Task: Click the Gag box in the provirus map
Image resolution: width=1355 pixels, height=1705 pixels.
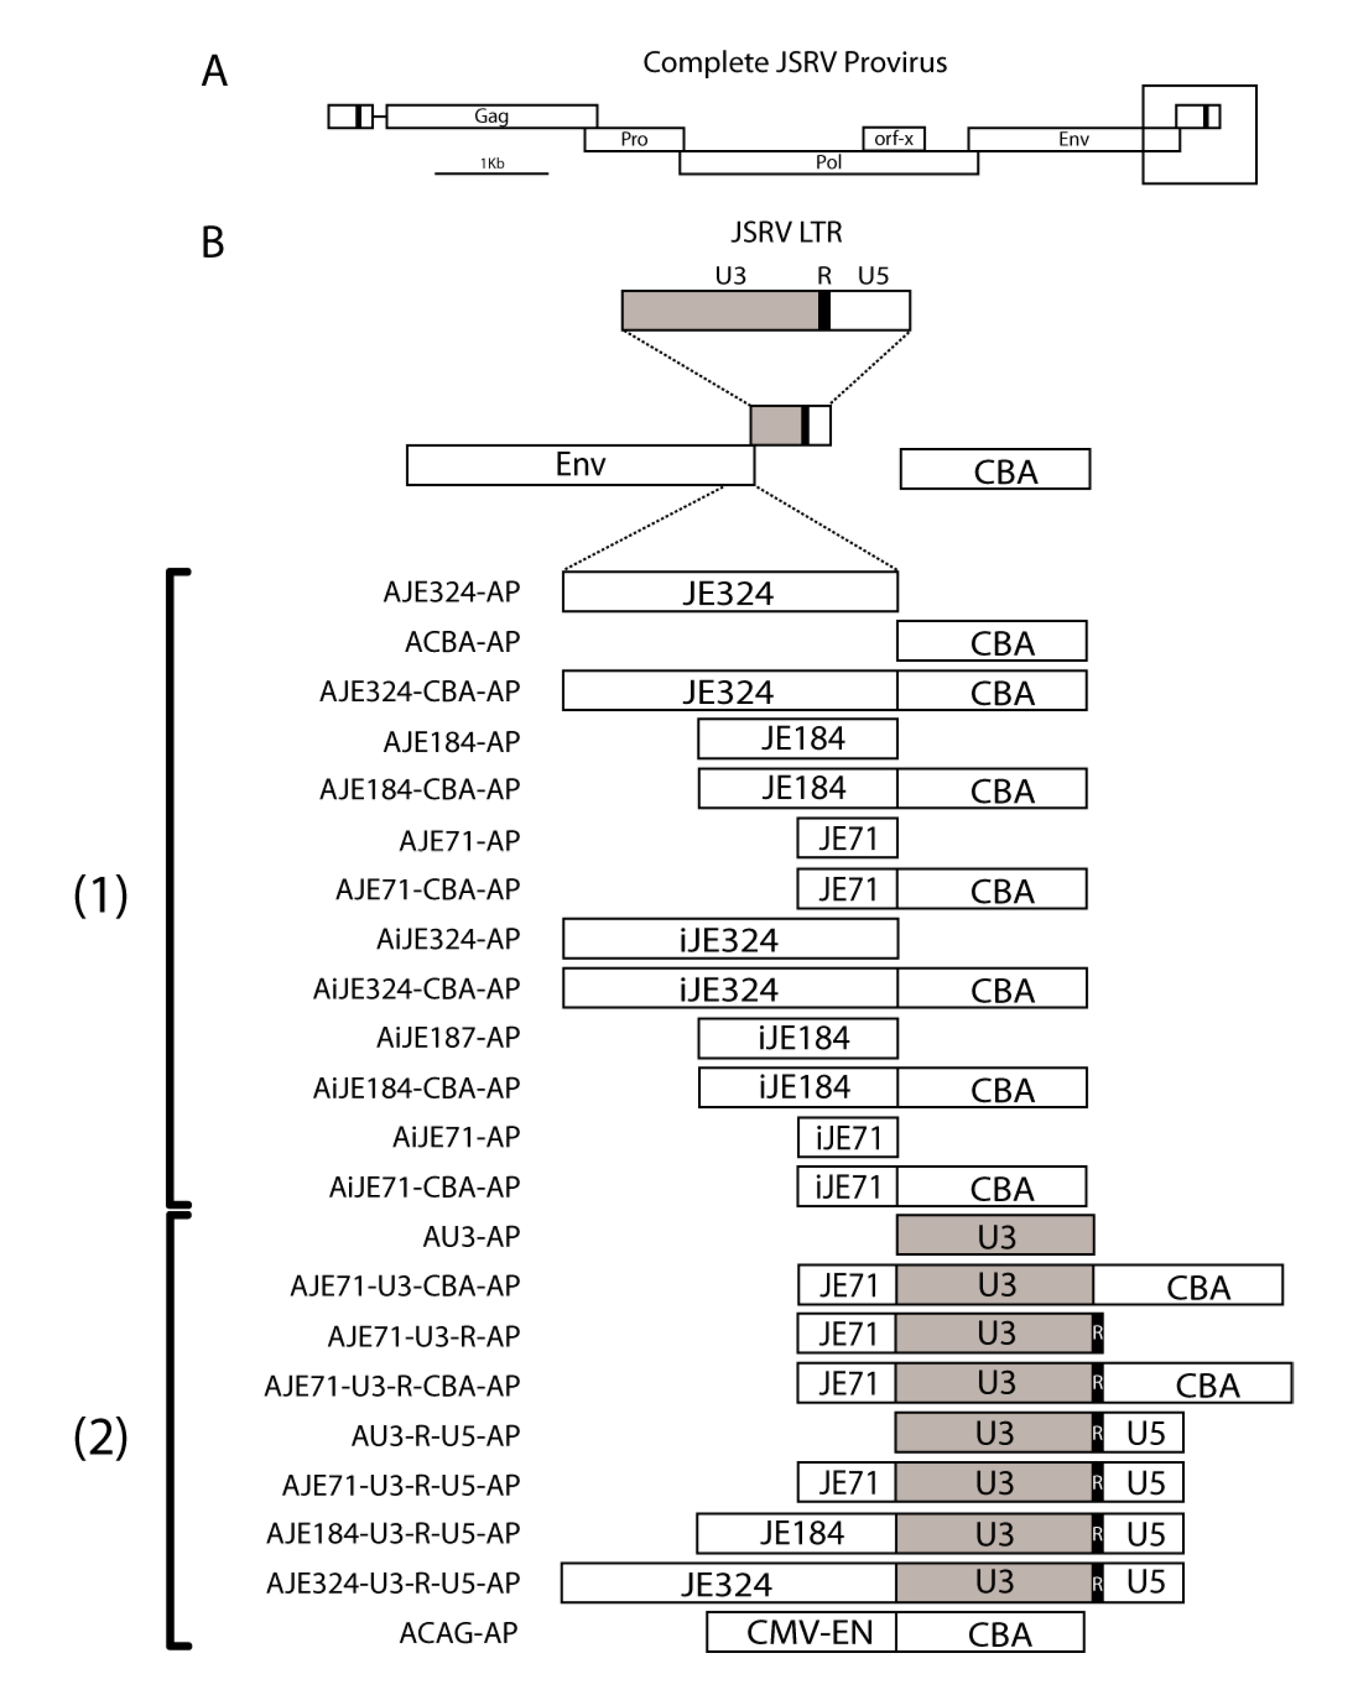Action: pos(491,116)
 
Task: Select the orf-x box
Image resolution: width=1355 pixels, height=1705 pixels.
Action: pos(893,138)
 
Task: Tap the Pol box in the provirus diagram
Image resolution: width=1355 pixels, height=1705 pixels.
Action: pos(828,162)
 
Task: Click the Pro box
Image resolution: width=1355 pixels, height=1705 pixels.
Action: pos(633,139)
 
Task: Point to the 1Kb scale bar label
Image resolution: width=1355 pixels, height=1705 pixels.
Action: pos(491,163)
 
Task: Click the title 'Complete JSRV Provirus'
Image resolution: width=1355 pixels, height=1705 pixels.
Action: pos(795,62)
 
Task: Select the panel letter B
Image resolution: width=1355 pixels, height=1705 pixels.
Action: pos(213,242)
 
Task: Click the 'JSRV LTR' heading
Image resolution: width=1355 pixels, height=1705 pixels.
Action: pos(786,232)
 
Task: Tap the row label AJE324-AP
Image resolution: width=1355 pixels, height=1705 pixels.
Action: pos(452,592)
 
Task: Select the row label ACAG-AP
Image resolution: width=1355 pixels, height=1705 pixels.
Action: pos(458,1632)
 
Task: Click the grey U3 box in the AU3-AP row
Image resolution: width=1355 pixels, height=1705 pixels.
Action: pos(995,1236)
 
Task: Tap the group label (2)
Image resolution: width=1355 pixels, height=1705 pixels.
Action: pos(101,1436)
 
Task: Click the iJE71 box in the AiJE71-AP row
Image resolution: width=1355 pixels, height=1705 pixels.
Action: pos(847,1137)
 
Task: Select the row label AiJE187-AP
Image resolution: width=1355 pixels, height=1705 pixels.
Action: pos(448,1038)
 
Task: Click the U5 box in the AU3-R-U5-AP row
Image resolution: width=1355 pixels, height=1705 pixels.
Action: pos(1144,1433)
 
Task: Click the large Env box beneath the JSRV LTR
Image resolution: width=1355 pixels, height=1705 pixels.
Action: pos(580,465)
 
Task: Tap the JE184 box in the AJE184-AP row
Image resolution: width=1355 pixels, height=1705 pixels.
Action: pos(797,738)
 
